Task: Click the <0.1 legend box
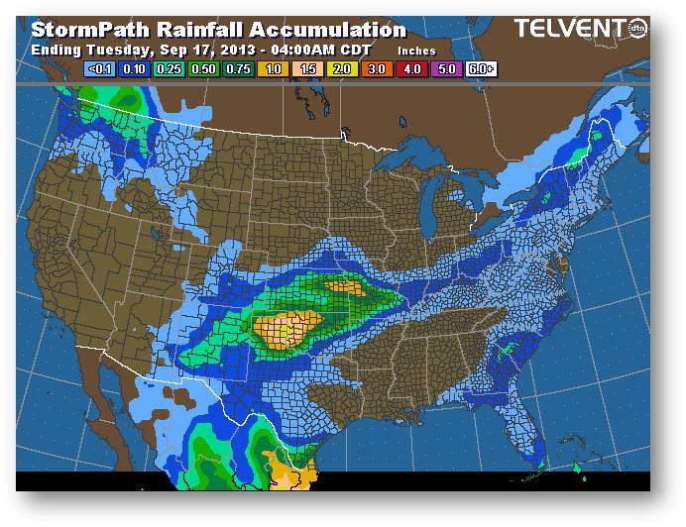(x=101, y=69)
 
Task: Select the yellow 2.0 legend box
(x=343, y=69)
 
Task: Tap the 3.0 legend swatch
(x=377, y=69)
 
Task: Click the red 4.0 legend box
(x=410, y=69)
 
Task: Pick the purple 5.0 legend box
(x=445, y=69)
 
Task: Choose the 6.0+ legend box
(x=480, y=69)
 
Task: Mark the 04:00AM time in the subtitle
(x=298, y=49)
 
